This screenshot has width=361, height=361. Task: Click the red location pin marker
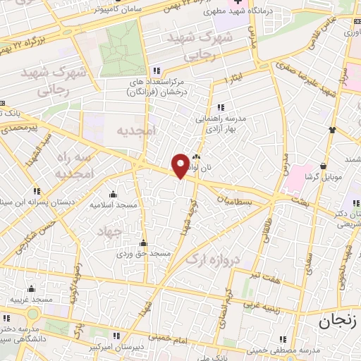pyautogui.click(x=180, y=165)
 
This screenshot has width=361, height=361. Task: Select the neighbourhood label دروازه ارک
pyautogui.click(x=213, y=259)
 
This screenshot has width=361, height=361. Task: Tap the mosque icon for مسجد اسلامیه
pyautogui.click(x=113, y=195)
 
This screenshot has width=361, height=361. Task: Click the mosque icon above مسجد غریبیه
pyautogui.click(x=32, y=288)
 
